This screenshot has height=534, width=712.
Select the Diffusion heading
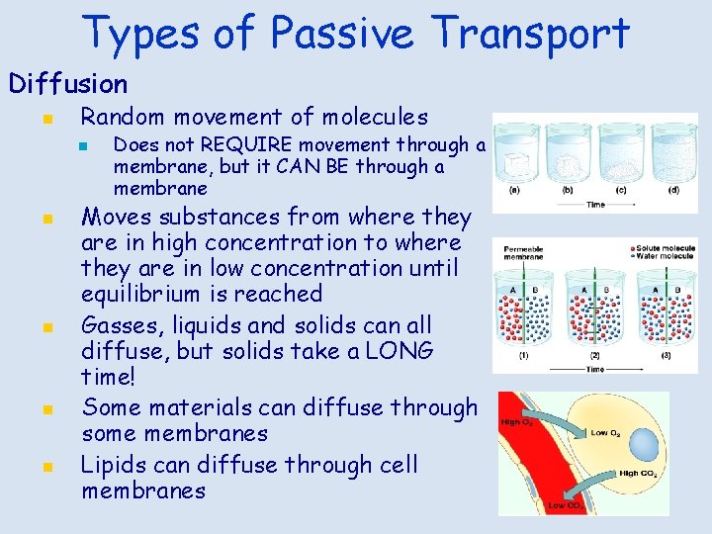68,84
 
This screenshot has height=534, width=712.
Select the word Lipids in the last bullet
116,464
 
